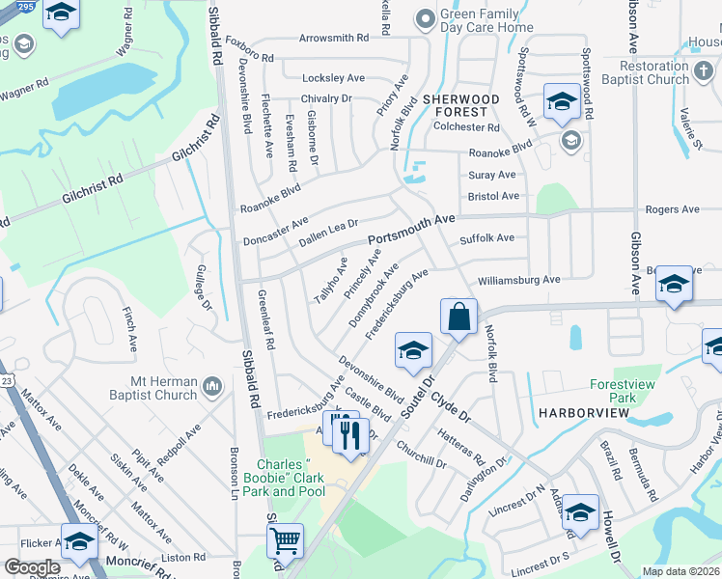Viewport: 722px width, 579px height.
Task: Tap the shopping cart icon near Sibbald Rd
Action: (x=285, y=539)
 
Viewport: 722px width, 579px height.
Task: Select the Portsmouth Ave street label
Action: (x=410, y=231)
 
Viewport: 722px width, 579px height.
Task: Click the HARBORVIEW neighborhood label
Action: (x=577, y=413)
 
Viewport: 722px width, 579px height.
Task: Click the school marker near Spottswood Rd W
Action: (x=561, y=101)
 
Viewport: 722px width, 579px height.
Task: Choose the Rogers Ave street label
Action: (x=672, y=209)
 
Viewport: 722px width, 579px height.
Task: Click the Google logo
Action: (x=32, y=567)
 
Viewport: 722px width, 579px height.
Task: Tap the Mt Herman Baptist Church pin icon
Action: (x=213, y=388)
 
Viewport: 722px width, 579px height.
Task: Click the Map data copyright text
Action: (x=680, y=571)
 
